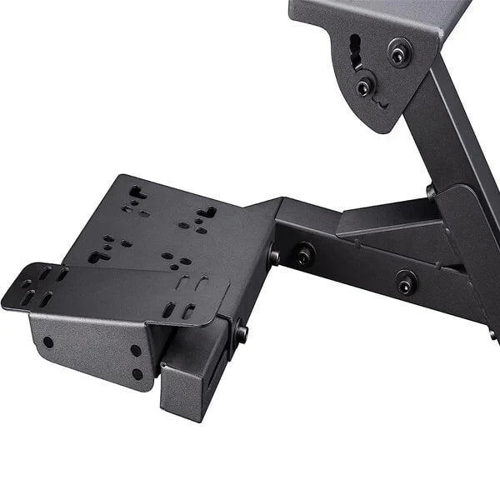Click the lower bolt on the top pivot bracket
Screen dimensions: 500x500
click(364, 87)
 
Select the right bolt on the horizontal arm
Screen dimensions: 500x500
click(406, 282)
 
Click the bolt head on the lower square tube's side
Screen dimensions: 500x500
click(242, 332)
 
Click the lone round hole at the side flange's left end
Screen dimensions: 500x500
click(48, 342)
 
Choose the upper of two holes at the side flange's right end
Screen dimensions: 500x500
click(135, 351)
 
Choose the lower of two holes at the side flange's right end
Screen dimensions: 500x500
click(137, 374)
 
